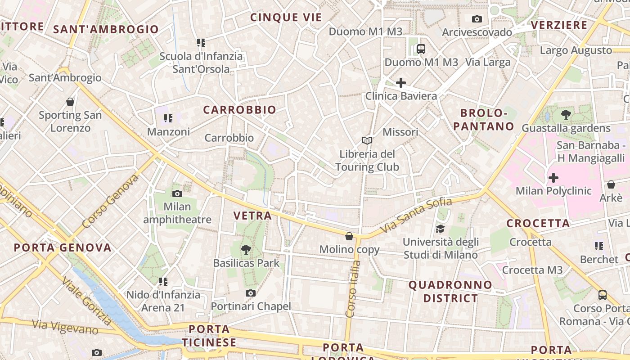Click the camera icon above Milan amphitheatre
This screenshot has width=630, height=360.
tap(177, 194)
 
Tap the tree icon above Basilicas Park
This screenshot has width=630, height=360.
tap(246, 250)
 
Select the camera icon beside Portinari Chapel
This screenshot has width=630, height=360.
tap(251, 293)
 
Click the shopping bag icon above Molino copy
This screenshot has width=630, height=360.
tap(349, 236)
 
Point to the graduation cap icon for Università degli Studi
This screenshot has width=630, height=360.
tap(440, 229)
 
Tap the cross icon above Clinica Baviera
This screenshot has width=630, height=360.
tap(400, 83)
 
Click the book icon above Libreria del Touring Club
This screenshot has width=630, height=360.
tap(367, 141)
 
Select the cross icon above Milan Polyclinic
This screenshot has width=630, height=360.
tap(553, 178)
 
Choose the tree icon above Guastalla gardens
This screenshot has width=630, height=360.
tap(566, 115)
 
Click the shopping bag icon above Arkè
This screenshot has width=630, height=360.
tap(611, 184)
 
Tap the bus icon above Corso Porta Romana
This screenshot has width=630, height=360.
tap(602, 295)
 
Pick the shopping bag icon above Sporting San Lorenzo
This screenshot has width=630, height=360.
tap(70, 102)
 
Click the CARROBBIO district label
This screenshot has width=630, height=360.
tap(239, 110)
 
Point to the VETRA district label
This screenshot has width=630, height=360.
tap(252, 216)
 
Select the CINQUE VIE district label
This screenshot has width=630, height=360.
tap(286, 18)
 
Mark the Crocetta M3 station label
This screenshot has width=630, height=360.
tap(532, 270)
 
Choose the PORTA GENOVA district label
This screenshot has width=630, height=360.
tap(63, 247)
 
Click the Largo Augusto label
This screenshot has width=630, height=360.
tap(576, 50)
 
